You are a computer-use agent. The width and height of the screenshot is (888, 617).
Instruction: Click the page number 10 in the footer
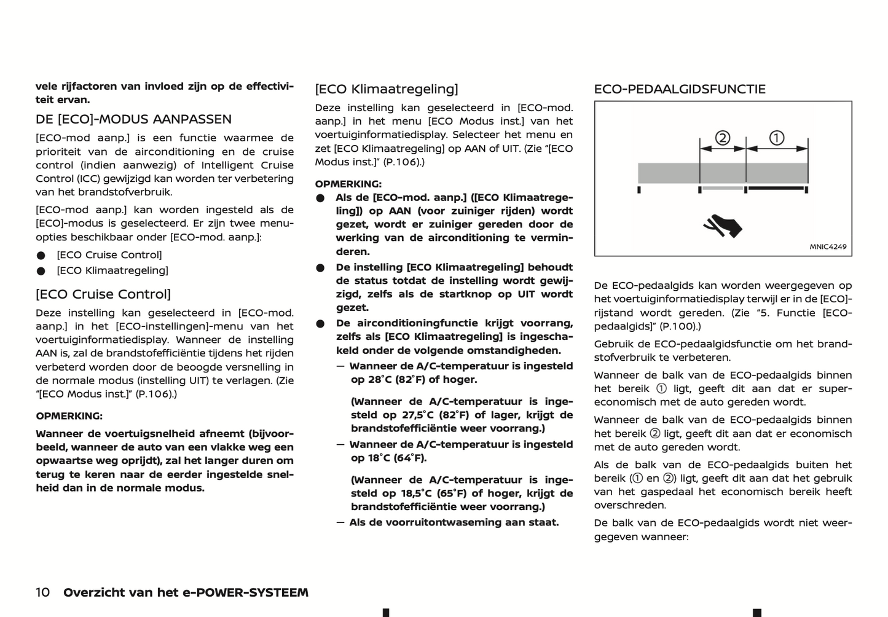coord(42,592)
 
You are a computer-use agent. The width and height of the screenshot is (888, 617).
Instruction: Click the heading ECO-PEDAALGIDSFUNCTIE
coord(680,89)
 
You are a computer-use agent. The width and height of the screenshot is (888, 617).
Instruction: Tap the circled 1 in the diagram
coord(777,138)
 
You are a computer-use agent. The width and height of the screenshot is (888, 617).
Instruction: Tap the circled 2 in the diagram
coord(723,138)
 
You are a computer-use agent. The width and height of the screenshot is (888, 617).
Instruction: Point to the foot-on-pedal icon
coord(723,226)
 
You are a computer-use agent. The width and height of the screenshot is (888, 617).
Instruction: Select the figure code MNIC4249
coord(828,247)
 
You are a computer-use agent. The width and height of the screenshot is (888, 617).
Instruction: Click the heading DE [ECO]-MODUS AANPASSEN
coord(133,119)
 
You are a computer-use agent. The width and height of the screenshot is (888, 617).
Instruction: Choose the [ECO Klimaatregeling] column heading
coord(387,89)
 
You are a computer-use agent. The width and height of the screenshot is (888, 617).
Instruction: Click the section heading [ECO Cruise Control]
coord(103,294)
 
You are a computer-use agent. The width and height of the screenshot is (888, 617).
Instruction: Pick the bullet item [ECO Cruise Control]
coord(109,255)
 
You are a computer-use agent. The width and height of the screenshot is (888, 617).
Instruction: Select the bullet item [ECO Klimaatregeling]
coord(112,270)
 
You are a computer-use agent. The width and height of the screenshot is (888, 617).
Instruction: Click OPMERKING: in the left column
coord(69,416)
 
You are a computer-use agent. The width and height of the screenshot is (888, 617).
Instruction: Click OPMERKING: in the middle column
coord(348,184)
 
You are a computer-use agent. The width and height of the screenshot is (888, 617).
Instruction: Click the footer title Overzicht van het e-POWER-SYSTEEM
coord(186,592)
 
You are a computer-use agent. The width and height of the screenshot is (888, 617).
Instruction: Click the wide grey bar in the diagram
coord(723,173)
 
